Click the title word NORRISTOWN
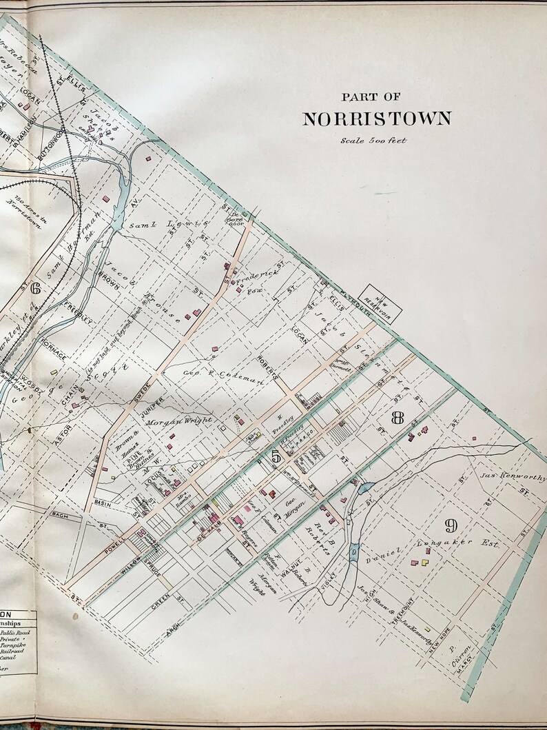[x=377, y=119]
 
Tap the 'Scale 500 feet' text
[x=373, y=141]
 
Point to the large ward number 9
[x=451, y=527]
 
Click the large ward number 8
[x=397, y=418]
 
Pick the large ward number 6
[x=35, y=288]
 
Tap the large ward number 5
[x=275, y=456]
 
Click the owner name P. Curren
[x=454, y=655]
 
